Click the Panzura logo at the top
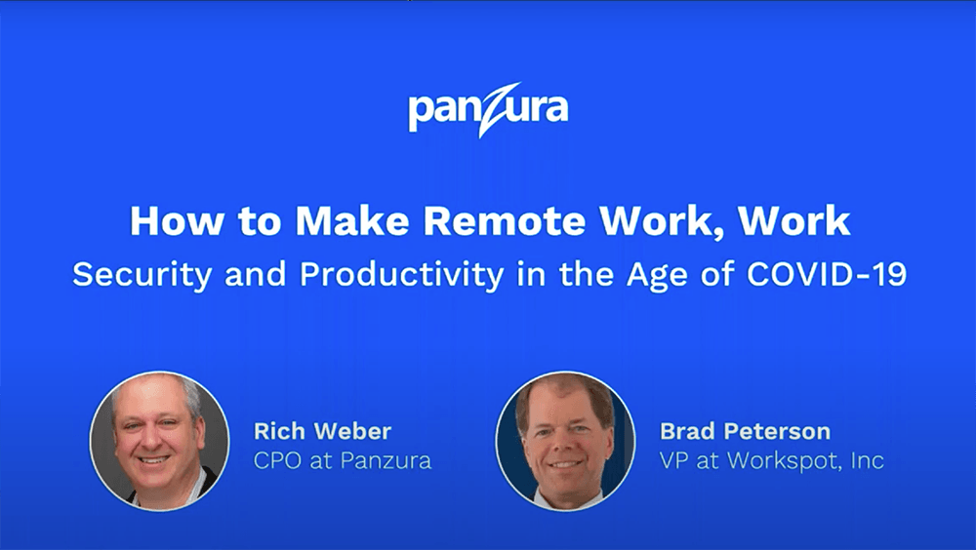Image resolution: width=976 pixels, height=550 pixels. pyautogui.click(x=488, y=109)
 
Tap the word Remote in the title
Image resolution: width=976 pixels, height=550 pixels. pyautogui.click(x=505, y=220)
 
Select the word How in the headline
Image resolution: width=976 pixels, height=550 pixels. pyautogui.click(x=176, y=220)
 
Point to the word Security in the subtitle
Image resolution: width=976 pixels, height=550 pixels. pyautogui.click(x=142, y=274)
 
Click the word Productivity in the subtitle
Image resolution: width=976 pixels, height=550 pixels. pyautogui.click(x=401, y=274)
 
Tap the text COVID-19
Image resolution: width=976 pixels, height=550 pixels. pyautogui.click(x=827, y=273)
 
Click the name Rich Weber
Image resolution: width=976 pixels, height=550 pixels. pyautogui.click(x=322, y=431)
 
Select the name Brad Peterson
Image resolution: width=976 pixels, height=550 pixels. pyautogui.click(x=745, y=431)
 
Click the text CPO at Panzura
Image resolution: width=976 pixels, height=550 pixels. pyautogui.click(x=343, y=460)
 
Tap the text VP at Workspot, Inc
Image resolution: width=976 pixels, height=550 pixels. pyautogui.click(x=772, y=460)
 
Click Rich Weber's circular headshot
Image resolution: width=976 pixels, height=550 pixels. pyautogui.click(x=159, y=441)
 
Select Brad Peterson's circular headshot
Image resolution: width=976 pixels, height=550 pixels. pyautogui.click(x=565, y=441)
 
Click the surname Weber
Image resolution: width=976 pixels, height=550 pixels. pyautogui.click(x=353, y=431)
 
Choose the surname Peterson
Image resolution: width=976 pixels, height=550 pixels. pyautogui.click(x=777, y=431)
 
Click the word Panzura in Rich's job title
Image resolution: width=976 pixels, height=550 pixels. pyautogui.click(x=386, y=460)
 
